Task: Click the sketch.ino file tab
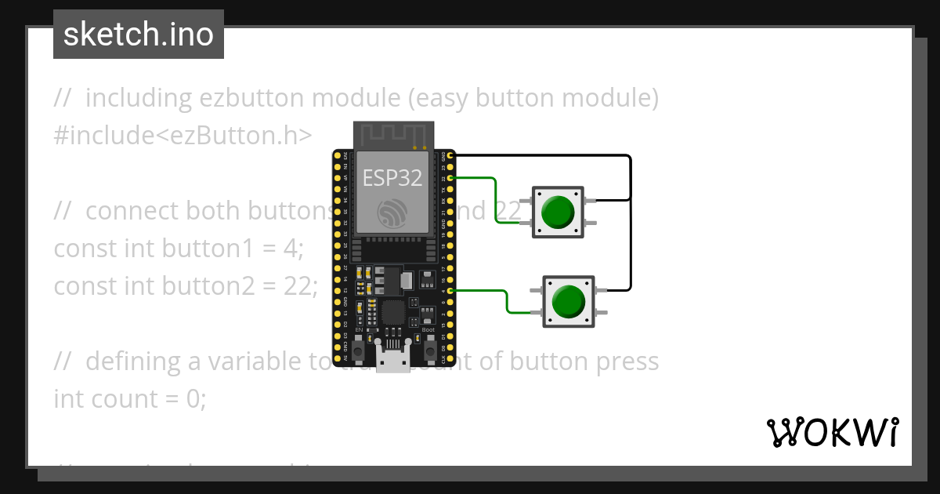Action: (x=138, y=35)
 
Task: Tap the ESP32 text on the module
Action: (x=392, y=178)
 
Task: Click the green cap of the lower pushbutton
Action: (x=569, y=301)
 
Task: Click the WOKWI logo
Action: (x=832, y=432)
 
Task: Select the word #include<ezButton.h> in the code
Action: (x=183, y=135)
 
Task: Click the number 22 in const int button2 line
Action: (x=298, y=286)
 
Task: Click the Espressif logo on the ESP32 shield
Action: (x=391, y=212)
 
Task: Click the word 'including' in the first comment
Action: (x=139, y=98)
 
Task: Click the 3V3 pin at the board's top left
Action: (x=338, y=156)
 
